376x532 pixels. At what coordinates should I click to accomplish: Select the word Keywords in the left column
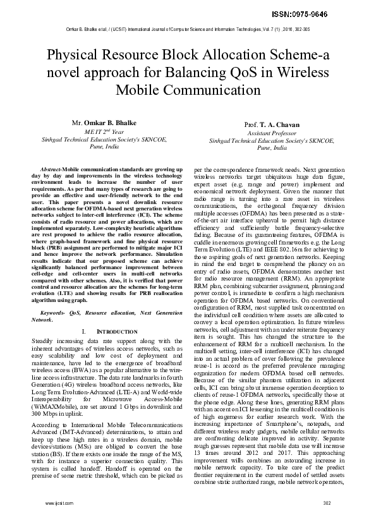53,312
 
